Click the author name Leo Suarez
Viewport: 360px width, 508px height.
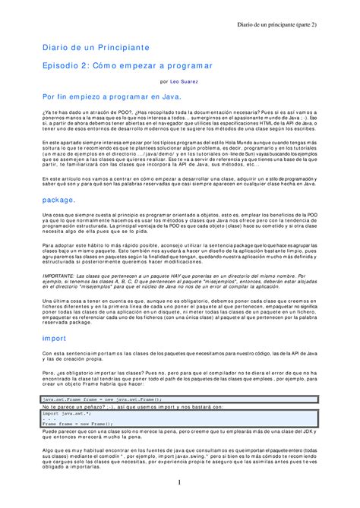[188, 81]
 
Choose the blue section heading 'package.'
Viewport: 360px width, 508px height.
[59, 198]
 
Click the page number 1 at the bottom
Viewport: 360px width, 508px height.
[179, 483]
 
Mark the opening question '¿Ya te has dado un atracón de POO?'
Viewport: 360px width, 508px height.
[87, 113]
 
